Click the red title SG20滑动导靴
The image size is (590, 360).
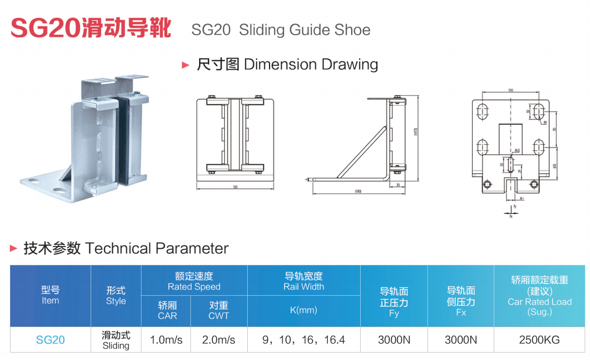(x=91, y=28)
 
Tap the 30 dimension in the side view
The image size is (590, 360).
(x=398, y=184)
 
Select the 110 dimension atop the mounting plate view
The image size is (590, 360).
(x=511, y=90)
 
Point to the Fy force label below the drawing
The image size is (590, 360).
(x=514, y=206)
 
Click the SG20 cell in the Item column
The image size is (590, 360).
(x=50, y=340)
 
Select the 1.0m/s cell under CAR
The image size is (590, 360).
(x=167, y=340)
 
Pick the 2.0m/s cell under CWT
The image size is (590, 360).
(x=219, y=340)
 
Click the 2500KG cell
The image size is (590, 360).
(x=539, y=340)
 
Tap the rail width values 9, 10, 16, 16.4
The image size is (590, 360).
(x=304, y=340)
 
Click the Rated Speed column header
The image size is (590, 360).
(x=194, y=281)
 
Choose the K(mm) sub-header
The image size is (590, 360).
(x=304, y=310)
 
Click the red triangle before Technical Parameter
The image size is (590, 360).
(x=14, y=248)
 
